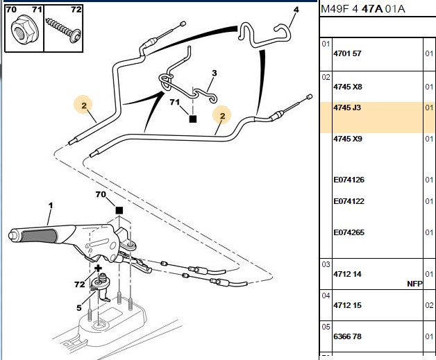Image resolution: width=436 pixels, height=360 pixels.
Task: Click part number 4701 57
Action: pos(347,53)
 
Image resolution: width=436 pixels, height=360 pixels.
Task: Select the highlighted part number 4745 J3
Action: pos(347,108)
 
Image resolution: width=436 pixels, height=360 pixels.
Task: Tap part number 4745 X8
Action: pos(348,87)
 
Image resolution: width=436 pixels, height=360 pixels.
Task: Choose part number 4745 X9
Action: pos(348,139)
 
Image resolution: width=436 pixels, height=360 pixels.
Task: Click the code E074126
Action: pos(349,180)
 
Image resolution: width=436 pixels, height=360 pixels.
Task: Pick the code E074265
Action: pos(349,232)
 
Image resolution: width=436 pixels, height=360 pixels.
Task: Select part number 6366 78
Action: pos(347,336)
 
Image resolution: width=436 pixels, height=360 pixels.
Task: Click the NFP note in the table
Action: pos(414,284)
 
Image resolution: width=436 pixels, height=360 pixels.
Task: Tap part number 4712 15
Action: pos(347,305)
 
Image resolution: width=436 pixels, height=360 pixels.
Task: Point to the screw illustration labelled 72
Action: pos(63,30)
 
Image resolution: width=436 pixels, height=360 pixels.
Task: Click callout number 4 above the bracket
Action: pos(296,10)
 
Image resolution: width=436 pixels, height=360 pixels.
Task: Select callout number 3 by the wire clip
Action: pos(214,73)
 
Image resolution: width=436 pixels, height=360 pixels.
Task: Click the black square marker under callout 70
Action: pos(119,210)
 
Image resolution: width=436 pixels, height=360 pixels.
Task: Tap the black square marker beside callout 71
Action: pos(193,119)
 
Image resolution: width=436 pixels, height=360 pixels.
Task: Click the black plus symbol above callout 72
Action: pos(98,268)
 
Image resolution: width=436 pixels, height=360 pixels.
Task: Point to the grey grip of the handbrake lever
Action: pos(39,236)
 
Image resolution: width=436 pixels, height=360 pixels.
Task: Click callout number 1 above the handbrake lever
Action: pos(50,205)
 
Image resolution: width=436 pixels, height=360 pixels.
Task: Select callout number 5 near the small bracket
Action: pos(79,308)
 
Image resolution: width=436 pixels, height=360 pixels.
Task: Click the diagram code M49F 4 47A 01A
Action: pos(363,9)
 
